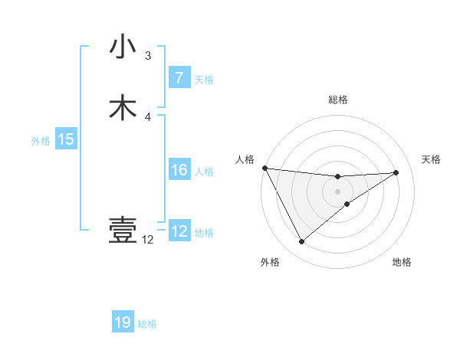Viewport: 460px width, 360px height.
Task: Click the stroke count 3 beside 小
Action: tap(148, 56)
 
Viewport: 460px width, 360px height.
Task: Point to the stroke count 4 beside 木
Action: tap(148, 116)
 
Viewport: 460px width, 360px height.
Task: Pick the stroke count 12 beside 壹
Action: tap(148, 240)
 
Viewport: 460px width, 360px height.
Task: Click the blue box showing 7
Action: tap(179, 78)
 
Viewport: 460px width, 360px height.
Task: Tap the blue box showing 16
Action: tap(179, 170)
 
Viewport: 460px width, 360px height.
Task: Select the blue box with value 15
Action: tap(65, 139)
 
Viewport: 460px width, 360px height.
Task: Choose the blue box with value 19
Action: tap(123, 322)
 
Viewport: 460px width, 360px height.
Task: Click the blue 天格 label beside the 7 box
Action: tap(204, 79)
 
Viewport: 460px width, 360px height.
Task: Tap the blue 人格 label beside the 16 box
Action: tap(204, 171)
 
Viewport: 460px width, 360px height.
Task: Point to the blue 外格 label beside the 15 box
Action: tap(40, 140)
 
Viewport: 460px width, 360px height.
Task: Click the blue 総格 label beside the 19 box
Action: tap(147, 323)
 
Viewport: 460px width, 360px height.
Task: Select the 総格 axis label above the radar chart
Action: tap(337, 100)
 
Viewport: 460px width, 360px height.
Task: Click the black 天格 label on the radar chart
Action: tap(431, 159)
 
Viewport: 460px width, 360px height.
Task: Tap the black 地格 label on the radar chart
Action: tap(402, 262)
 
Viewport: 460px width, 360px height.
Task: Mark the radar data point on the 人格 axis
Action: tap(264, 168)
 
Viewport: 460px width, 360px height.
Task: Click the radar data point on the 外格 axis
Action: tap(301, 242)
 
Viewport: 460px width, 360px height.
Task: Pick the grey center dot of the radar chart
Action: tap(337, 191)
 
